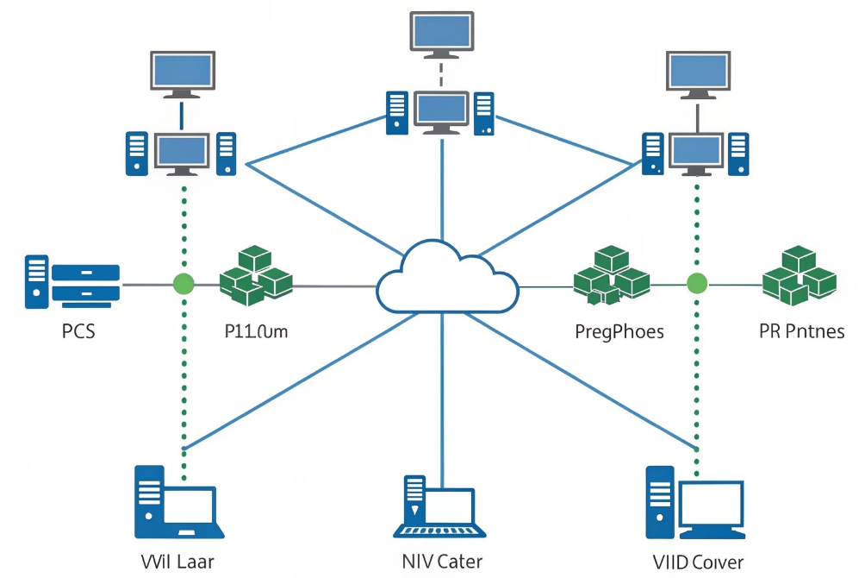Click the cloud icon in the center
447,279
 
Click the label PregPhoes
619,331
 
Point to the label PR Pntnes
801,331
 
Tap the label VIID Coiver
698,562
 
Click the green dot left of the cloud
183,283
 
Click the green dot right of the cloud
696,282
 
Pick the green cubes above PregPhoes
611,275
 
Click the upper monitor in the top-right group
698,72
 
